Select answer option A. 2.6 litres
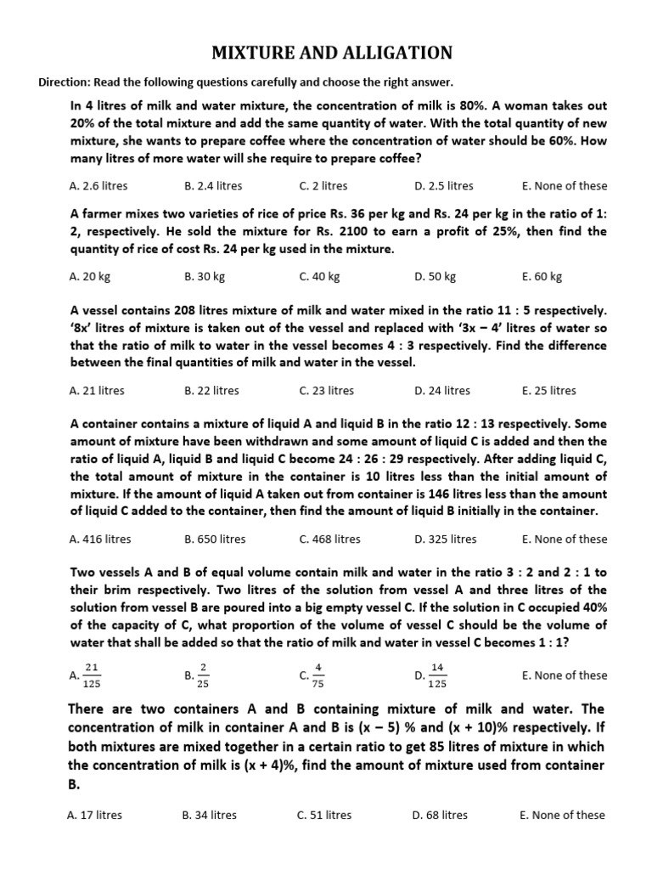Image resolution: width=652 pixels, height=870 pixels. coord(98,186)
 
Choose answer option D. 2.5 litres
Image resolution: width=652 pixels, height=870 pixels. coord(443,186)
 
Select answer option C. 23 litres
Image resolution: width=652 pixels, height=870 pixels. coord(327,391)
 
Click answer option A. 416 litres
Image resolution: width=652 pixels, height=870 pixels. coord(100,539)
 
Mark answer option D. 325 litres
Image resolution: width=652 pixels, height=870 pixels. coord(446,539)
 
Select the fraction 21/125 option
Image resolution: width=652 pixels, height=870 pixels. coord(87,675)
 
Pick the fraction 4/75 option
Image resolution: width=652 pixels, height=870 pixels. coord(312,675)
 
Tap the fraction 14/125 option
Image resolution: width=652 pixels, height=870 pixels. coord(431,675)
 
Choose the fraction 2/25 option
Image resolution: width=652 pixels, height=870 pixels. coord(197,675)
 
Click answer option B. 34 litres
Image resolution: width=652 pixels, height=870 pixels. coord(209,815)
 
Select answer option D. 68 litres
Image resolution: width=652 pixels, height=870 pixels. coord(440,815)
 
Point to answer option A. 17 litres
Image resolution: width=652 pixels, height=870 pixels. coord(94,815)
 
